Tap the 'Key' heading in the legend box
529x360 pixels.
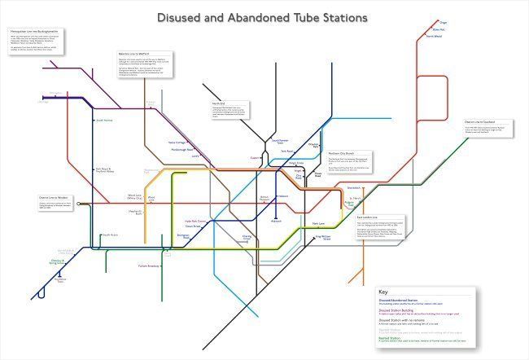(x=383, y=291)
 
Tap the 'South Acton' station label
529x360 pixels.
(x=111, y=235)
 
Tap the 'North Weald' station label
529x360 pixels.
(x=435, y=37)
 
